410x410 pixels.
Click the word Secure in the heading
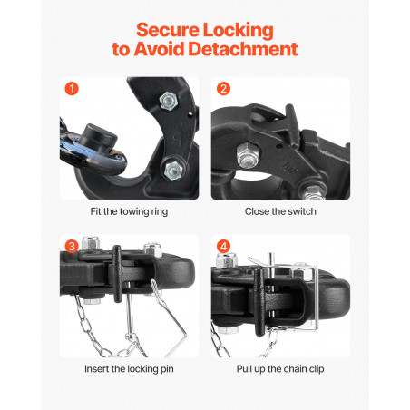[168, 30]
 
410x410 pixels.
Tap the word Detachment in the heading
[243, 49]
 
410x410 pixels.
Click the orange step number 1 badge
[72, 89]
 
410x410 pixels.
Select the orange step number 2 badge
[223, 89]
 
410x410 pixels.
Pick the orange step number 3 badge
[72, 247]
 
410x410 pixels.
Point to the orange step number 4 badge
[223, 247]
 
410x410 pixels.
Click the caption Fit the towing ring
[129, 211]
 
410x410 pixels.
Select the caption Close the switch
[280, 211]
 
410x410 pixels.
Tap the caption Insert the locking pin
[129, 369]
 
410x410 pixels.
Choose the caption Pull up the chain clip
[280, 369]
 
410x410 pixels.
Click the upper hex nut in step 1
[169, 102]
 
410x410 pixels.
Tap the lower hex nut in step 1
[173, 170]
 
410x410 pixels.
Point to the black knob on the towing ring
[98, 138]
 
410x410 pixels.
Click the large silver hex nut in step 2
[248, 155]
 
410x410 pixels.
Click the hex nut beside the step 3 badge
[91, 243]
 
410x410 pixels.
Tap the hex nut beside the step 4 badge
[227, 260]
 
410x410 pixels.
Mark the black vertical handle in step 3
[117, 273]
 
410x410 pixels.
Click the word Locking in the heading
[238, 31]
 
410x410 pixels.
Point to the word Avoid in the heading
[159, 49]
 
